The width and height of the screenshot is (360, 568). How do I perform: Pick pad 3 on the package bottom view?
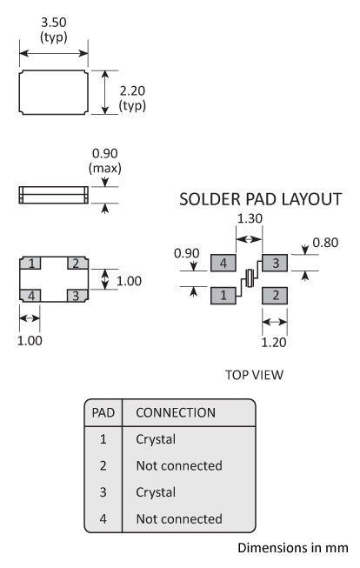tap(76, 296)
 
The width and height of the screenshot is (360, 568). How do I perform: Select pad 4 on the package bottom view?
tap(30, 296)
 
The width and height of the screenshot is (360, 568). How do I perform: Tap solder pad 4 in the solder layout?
tap(224, 261)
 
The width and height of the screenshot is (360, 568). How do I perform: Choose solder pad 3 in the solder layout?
tap(275, 261)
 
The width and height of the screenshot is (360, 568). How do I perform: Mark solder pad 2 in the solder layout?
tap(275, 296)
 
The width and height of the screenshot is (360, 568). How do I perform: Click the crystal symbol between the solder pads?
tap(250, 277)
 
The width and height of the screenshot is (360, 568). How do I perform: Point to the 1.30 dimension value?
tap(250, 221)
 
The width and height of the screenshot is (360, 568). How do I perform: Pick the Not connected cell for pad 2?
tap(179, 466)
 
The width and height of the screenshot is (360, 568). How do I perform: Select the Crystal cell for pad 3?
tap(157, 492)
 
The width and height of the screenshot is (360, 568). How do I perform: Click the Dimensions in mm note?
tap(293, 548)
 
